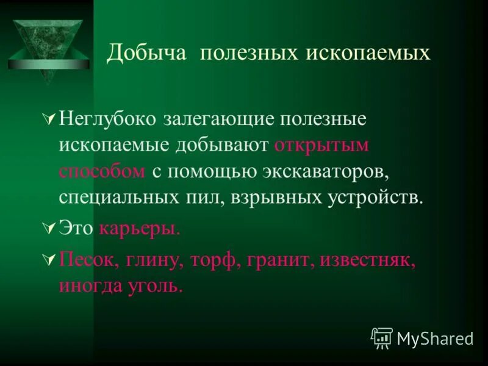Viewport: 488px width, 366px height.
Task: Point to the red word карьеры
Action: pos(140,229)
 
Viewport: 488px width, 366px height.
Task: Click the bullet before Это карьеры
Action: pos(51,229)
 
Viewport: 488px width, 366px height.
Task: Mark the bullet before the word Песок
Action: pos(51,260)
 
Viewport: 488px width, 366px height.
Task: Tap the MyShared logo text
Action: pos(434,339)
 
